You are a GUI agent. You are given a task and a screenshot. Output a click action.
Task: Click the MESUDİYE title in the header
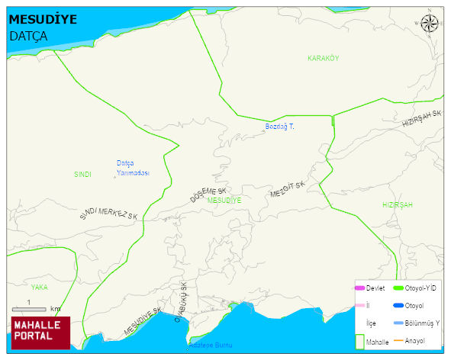(x=43, y=20)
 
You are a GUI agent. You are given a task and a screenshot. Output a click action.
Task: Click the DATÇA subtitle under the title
(x=28, y=36)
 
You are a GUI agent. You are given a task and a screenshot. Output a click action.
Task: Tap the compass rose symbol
(x=430, y=24)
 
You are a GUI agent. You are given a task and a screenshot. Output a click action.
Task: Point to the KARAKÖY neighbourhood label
(x=323, y=59)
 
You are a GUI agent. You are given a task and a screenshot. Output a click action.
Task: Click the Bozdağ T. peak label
(x=279, y=126)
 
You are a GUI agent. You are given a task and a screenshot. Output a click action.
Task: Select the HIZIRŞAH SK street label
(x=422, y=119)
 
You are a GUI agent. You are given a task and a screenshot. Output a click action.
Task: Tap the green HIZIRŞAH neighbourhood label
(x=397, y=206)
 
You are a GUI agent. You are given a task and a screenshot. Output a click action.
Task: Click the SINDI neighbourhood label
(x=82, y=175)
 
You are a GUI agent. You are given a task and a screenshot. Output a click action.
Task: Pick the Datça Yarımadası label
(x=132, y=168)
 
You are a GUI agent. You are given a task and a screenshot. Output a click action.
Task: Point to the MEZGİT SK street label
(x=288, y=190)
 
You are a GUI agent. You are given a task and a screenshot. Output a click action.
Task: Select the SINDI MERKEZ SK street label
(x=108, y=214)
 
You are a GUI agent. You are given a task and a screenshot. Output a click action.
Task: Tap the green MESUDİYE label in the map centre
(x=224, y=200)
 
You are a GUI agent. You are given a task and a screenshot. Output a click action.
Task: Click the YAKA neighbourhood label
(x=39, y=288)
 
